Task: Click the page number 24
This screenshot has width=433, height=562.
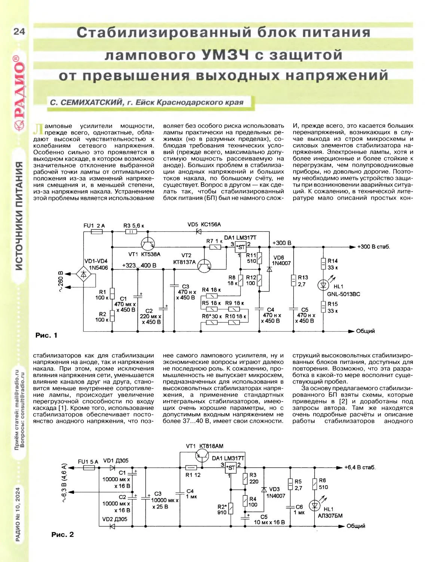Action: pyautogui.click(x=19, y=31)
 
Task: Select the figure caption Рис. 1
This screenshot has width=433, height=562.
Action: pyautogui.click(x=46, y=335)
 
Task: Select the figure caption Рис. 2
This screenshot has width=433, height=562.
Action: pyautogui.click(x=62, y=534)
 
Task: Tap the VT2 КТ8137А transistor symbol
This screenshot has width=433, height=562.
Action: pyautogui.click(x=204, y=266)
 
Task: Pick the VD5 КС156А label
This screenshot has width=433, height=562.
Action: pyautogui.click(x=204, y=224)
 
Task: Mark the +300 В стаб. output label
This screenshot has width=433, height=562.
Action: pyautogui.click(x=373, y=247)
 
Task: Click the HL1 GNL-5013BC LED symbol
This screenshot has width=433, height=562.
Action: pyautogui.click(x=323, y=285)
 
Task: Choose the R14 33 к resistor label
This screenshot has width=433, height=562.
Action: pyautogui.click(x=332, y=264)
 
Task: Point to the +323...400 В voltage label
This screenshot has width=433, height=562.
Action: pyautogui.click(x=139, y=265)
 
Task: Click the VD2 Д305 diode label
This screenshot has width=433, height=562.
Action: pyautogui.click(x=115, y=519)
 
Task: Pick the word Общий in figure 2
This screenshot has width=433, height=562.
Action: pyautogui.click(x=356, y=526)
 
